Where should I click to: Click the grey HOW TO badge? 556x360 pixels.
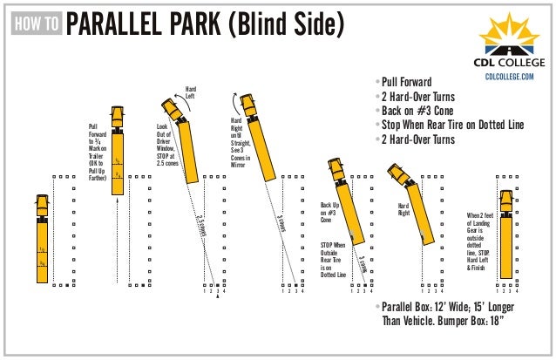[x=37, y=24]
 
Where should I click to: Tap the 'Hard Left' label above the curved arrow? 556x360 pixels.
[x=190, y=92]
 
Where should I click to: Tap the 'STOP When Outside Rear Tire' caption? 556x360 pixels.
[x=332, y=261]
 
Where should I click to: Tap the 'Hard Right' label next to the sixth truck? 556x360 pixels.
[x=403, y=209]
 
